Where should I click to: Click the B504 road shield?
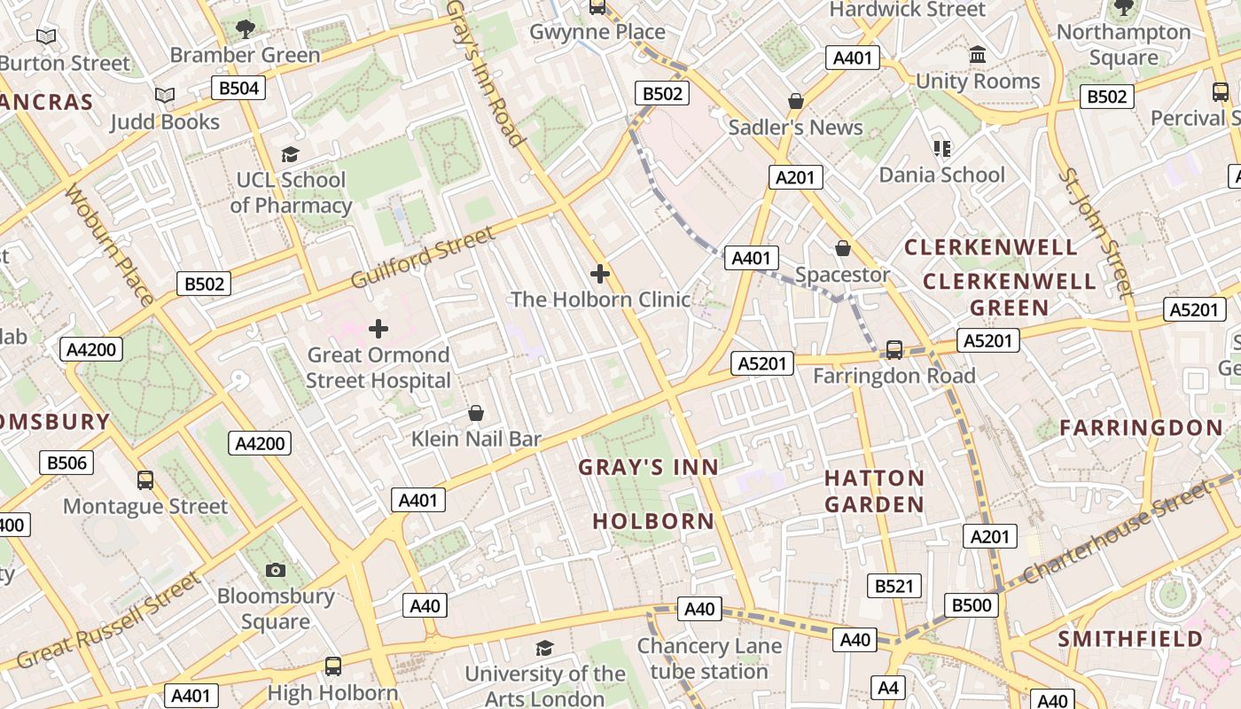click(238, 88)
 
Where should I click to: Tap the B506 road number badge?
click(66, 462)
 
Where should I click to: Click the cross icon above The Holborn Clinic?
click(600, 274)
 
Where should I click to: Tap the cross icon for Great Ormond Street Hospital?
click(379, 329)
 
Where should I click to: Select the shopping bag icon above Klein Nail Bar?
click(476, 413)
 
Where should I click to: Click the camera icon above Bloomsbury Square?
click(276, 570)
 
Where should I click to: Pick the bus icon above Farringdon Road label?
click(894, 350)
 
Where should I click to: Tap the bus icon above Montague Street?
click(145, 480)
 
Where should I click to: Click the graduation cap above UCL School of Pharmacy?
click(290, 155)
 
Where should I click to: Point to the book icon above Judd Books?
click(164, 95)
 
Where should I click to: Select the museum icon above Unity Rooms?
click(978, 55)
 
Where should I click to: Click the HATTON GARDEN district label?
click(874, 491)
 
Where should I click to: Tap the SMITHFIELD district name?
click(1130, 638)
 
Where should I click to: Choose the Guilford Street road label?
click(422, 258)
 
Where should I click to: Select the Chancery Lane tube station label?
click(709, 658)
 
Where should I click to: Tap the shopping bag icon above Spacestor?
click(842, 248)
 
